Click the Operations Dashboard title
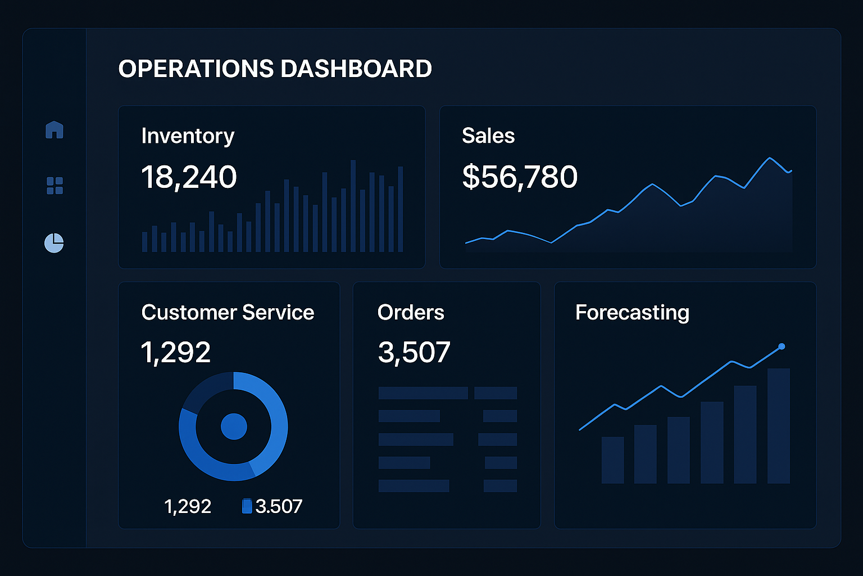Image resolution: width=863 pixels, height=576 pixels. click(x=275, y=69)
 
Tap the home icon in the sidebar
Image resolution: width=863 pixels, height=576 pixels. click(x=54, y=130)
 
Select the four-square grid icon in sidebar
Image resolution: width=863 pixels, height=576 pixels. click(x=54, y=186)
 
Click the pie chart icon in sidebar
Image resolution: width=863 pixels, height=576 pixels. click(x=54, y=243)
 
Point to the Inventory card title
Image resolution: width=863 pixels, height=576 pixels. click(x=188, y=136)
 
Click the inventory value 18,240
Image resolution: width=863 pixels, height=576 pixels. click(x=189, y=177)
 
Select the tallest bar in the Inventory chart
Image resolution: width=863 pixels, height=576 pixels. click(x=353, y=206)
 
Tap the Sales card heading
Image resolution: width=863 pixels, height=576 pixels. click(x=488, y=136)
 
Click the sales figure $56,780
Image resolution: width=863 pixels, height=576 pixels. click(x=520, y=177)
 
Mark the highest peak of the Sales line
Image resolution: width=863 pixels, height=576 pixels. click(x=770, y=159)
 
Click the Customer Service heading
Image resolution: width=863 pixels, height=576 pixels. click(x=228, y=312)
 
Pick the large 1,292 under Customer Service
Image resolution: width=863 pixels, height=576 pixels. click(x=175, y=353)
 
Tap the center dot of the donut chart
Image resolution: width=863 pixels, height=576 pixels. click(x=234, y=426)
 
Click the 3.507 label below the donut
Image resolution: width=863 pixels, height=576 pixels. click(x=279, y=506)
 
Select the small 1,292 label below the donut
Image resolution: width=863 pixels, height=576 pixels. click(x=188, y=506)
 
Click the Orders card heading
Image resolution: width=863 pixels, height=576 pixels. click(x=411, y=312)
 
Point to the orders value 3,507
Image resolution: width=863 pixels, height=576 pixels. click(x=414, y=353)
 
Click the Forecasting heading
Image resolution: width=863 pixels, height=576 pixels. click(x=632, y=312)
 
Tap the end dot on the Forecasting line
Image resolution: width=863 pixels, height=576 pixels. click(x=782, y=346)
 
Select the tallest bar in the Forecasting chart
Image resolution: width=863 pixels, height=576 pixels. click(x=778, y=426)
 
